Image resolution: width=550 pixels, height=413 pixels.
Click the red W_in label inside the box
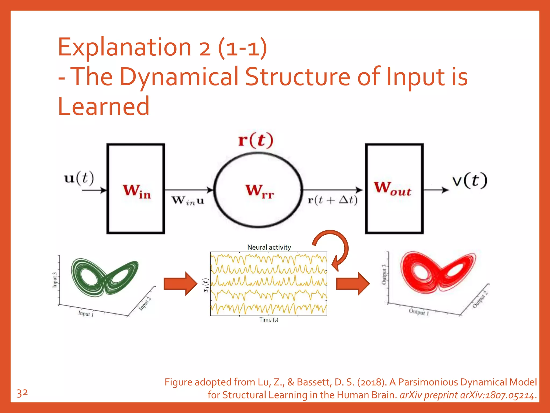click(x=137, y=191)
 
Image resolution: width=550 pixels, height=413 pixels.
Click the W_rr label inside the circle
click(x=259, y=191)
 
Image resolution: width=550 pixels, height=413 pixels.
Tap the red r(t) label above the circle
click(x=256, y=140)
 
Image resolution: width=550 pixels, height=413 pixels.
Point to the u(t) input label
click(x=79, y=178)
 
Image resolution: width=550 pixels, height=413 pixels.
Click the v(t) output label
click(x=470, y=181)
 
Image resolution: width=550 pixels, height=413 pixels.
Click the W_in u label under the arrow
click(x=188, y=201)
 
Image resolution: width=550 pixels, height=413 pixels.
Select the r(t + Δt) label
click(x=332, y=200)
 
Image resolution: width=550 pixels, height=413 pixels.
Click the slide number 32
click(x=22, y=393)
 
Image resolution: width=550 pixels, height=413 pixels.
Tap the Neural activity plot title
click(x=269, y=247)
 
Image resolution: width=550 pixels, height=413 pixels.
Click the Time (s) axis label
click(x=269, y=320)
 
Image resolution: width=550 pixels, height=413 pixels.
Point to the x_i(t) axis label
click(x=206, y=285)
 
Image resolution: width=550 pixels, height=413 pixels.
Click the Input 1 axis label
click(x=86, y=314)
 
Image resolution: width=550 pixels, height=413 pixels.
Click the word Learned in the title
click(x=104, y=106)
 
